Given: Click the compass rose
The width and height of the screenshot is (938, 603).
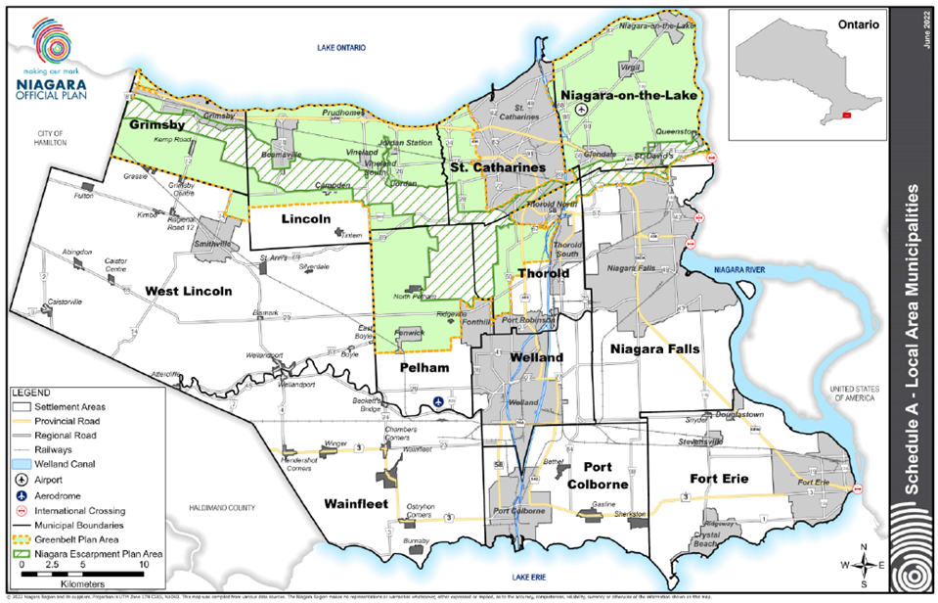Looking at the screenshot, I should tap(860, 562).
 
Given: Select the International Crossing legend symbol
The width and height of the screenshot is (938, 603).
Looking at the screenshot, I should tap(21, 510).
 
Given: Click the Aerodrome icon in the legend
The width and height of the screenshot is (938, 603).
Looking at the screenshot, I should tap(21, 495).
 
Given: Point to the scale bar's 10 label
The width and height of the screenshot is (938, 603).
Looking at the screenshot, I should tap(144, 565).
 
